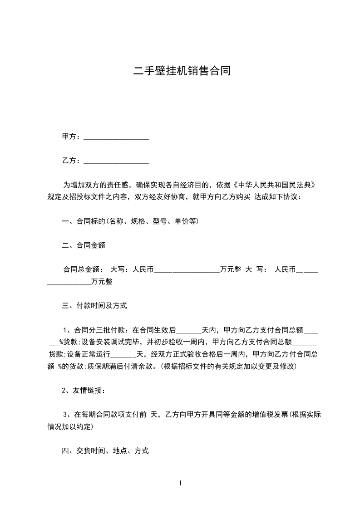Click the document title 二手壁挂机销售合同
(x=180, y=71)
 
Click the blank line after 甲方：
(x=116, y=137)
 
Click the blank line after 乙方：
(x=116, y=161)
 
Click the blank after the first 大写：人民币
(x=187, y=271)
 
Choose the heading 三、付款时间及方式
(x=94, y=306)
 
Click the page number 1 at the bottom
(x=180, y=483)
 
